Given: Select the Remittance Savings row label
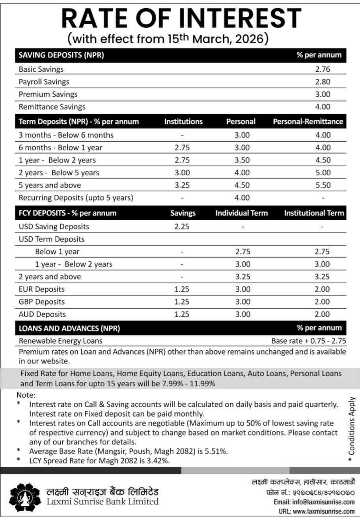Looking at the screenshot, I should pos(52,107).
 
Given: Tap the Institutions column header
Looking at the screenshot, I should pos(183,122).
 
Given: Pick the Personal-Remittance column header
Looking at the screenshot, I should pos(308,122).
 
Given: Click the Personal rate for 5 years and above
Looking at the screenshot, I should pos(242,185).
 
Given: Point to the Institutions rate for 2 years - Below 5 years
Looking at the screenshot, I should pos(182,173).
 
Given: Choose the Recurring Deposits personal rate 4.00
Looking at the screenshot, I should pos(242,198).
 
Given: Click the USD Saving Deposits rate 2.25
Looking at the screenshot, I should pos(182,227).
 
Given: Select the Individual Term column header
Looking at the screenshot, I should pos(241,213).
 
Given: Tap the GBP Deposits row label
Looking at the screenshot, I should pos(42,302).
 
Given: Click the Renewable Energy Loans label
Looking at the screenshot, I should pos(60,341).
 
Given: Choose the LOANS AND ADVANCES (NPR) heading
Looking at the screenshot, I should pos(69,328).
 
